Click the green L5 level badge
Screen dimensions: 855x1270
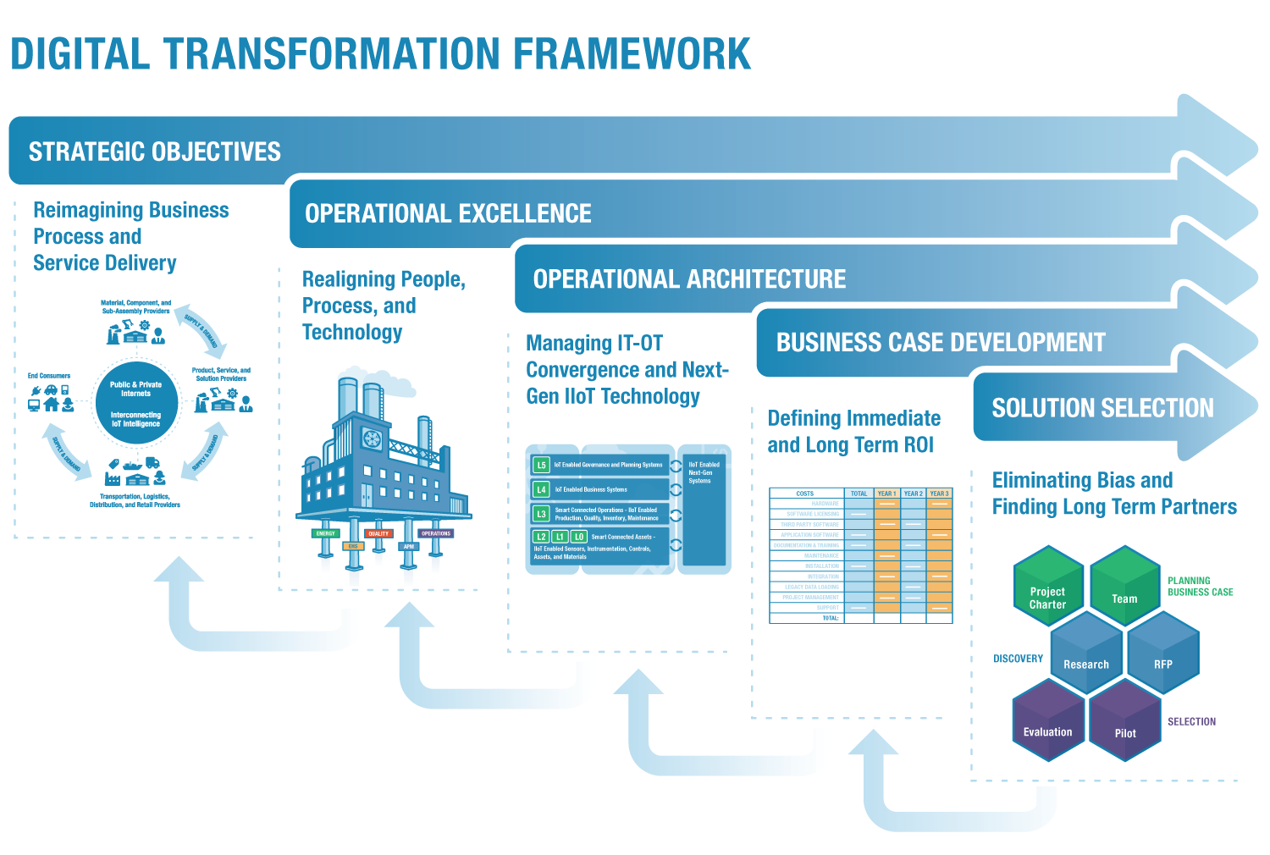541,465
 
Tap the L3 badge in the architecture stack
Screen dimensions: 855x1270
541,513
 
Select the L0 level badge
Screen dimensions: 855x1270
579,537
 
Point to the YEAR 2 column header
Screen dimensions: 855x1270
913,494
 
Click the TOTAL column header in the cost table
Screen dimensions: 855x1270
859,494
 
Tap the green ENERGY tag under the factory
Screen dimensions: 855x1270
326,533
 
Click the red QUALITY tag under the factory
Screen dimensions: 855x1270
378,533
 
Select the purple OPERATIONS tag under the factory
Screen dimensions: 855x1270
436,533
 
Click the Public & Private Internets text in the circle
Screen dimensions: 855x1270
135,389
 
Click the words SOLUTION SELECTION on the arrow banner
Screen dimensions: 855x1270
1102,409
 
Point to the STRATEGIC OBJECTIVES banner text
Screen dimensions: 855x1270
155,152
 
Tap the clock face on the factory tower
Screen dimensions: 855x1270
372,439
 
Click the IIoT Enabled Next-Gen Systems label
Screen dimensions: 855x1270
703,472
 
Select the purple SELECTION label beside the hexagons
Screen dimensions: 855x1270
1191,721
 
